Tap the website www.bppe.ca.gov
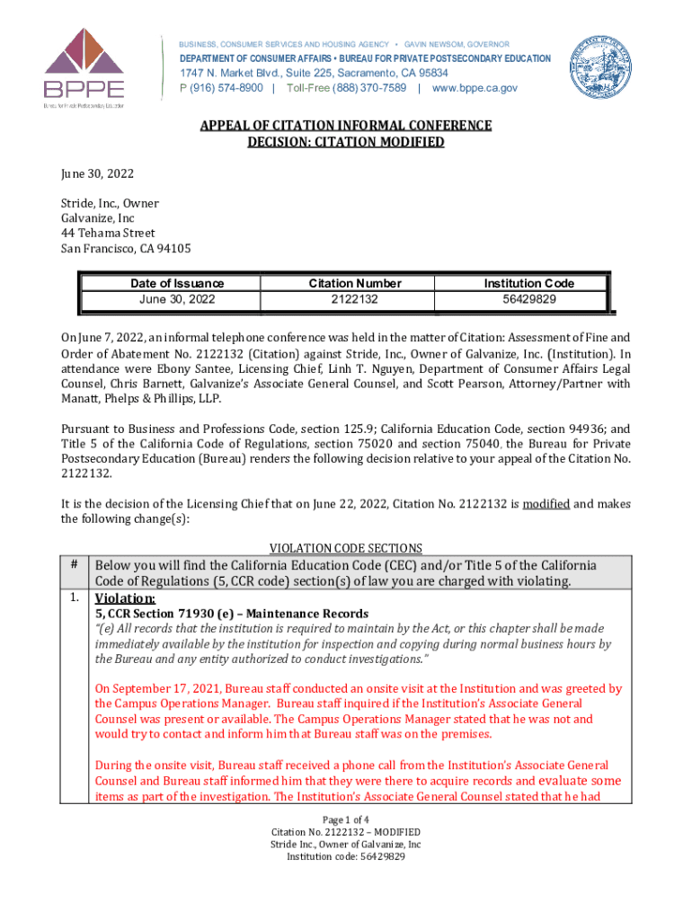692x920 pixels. [x=475, y=88]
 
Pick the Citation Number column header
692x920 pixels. [x=355, y=283]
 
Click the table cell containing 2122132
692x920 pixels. [x=355, y=298]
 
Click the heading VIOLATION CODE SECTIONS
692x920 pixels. [x=346, y=548]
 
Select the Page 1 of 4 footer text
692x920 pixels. [x=346, y=819]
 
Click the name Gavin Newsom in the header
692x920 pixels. [x=457, y=44]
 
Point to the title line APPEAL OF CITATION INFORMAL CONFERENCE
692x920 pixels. [x=346, y=126]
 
